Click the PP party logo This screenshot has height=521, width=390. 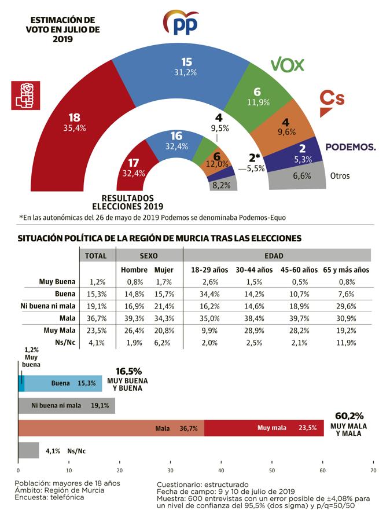pyautogui.click(x=182, y=23)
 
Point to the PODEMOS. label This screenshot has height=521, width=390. pyautogui.click(x=350, y=147)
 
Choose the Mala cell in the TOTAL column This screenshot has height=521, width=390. pyautogui.click(x=96, y=318)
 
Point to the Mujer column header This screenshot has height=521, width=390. pyautogui.click(x=164, y=270)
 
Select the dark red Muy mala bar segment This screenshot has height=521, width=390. pyautogui.click(x=264, y=428)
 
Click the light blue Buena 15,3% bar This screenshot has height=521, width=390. pyautogui.click(x=62, y=383)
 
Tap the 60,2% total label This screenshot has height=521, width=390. pyautogui.click(x=349, y=416)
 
